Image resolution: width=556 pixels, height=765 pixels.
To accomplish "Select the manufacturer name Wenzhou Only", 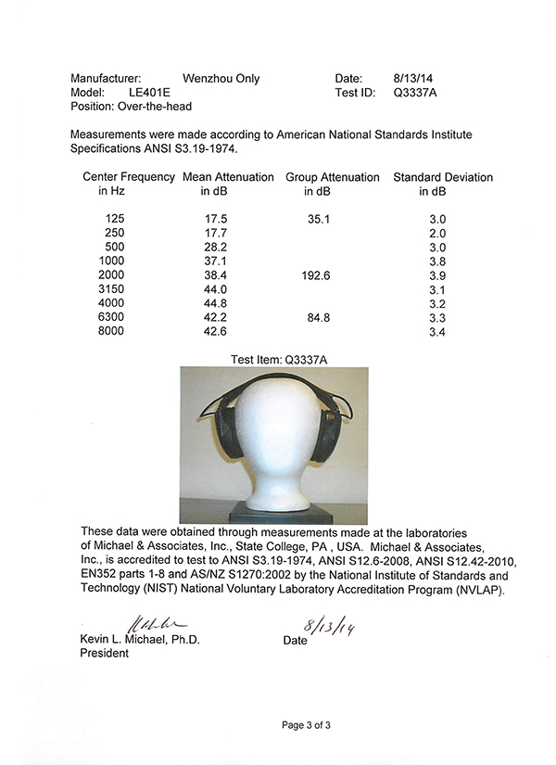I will [222, 79].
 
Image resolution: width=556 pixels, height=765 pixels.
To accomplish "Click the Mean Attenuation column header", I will [228, 177].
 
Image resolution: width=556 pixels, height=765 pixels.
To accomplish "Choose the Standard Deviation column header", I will [443, 177].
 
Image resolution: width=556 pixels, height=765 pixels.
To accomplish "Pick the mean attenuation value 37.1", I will [214, 262].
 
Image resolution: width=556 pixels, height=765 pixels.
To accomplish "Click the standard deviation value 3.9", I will [436, 276].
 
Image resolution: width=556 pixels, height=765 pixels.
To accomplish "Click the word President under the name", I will [99, 653].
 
